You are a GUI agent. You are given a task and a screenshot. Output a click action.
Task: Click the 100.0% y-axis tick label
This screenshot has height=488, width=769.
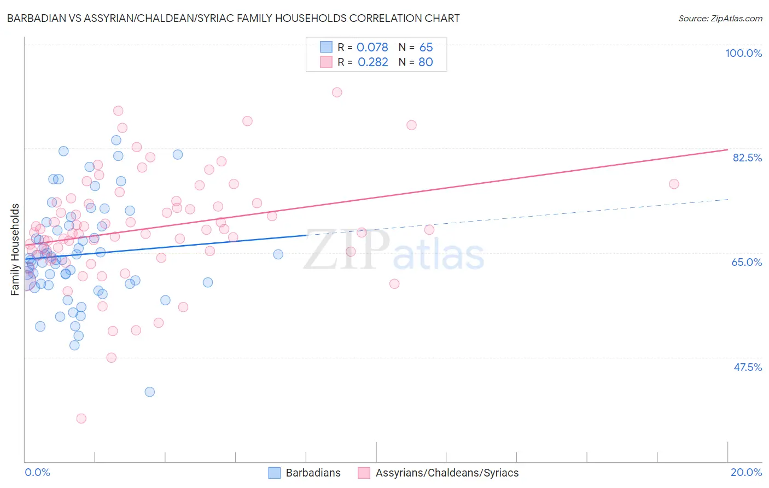coord(743,53)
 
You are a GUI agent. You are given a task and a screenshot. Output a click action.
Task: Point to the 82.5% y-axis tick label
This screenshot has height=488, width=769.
coord(747,158)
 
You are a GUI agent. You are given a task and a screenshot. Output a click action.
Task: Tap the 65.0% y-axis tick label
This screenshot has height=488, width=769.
coord(747,262)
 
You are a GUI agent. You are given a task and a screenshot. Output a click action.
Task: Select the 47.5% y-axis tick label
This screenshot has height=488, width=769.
coord(747,367)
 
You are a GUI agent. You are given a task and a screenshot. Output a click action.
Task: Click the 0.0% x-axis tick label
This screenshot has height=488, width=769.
coord(37,472)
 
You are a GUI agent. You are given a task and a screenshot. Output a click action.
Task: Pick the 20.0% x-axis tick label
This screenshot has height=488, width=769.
coord(746,472)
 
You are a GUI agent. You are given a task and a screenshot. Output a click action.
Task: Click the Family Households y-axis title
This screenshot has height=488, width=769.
coord(15,249)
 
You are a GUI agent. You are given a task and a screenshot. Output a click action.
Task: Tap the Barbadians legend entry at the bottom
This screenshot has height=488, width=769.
coord(305,473)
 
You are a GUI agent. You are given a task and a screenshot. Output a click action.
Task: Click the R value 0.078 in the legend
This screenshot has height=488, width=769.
coord(372,48)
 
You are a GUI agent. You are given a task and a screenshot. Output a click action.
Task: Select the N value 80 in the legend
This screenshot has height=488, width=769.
coord(426,62)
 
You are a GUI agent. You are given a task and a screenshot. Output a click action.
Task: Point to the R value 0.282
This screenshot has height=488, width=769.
coord(372,62)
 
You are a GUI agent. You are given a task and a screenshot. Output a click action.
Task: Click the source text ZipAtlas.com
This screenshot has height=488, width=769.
coord(720,19)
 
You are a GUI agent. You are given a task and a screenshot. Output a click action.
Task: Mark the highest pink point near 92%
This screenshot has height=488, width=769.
coord(337,92)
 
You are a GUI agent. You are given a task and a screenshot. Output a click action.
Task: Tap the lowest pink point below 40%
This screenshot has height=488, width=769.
coord(81,419)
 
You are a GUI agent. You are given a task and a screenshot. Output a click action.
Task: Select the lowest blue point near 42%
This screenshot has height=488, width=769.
coord(149,392)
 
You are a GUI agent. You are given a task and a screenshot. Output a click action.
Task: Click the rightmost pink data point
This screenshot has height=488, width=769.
coord(674,184)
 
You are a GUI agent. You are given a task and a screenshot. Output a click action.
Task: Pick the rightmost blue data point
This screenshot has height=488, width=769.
coord(278,254)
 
